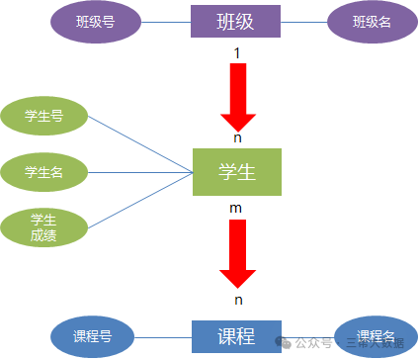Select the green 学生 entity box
(237, 171)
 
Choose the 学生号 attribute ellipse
(44, 117)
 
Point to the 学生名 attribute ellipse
(44, 171)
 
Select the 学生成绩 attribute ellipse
(43, 227)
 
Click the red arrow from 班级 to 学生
(237, 96)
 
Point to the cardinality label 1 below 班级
(236, 51)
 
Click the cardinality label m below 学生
(235, 209)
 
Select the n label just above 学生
(237, 138)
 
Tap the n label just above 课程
(237, 299)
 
